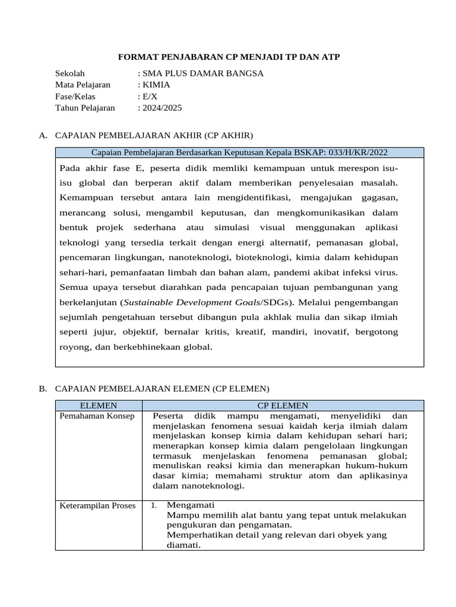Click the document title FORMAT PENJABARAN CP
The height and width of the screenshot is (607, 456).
(229, 56)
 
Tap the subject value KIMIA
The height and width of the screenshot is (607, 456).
(155, 85)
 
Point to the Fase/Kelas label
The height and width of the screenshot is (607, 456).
(75, 96)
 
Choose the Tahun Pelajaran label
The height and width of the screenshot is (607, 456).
(85, 108)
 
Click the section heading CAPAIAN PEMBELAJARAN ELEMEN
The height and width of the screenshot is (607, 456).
(161, 389)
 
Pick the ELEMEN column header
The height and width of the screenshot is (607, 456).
(98, 405)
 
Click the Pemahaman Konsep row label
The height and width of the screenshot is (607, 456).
(97, 416)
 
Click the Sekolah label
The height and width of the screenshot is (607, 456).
(71, 74)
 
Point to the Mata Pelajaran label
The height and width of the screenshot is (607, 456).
(83, 85)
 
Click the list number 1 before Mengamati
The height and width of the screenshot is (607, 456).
(153, 506)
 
